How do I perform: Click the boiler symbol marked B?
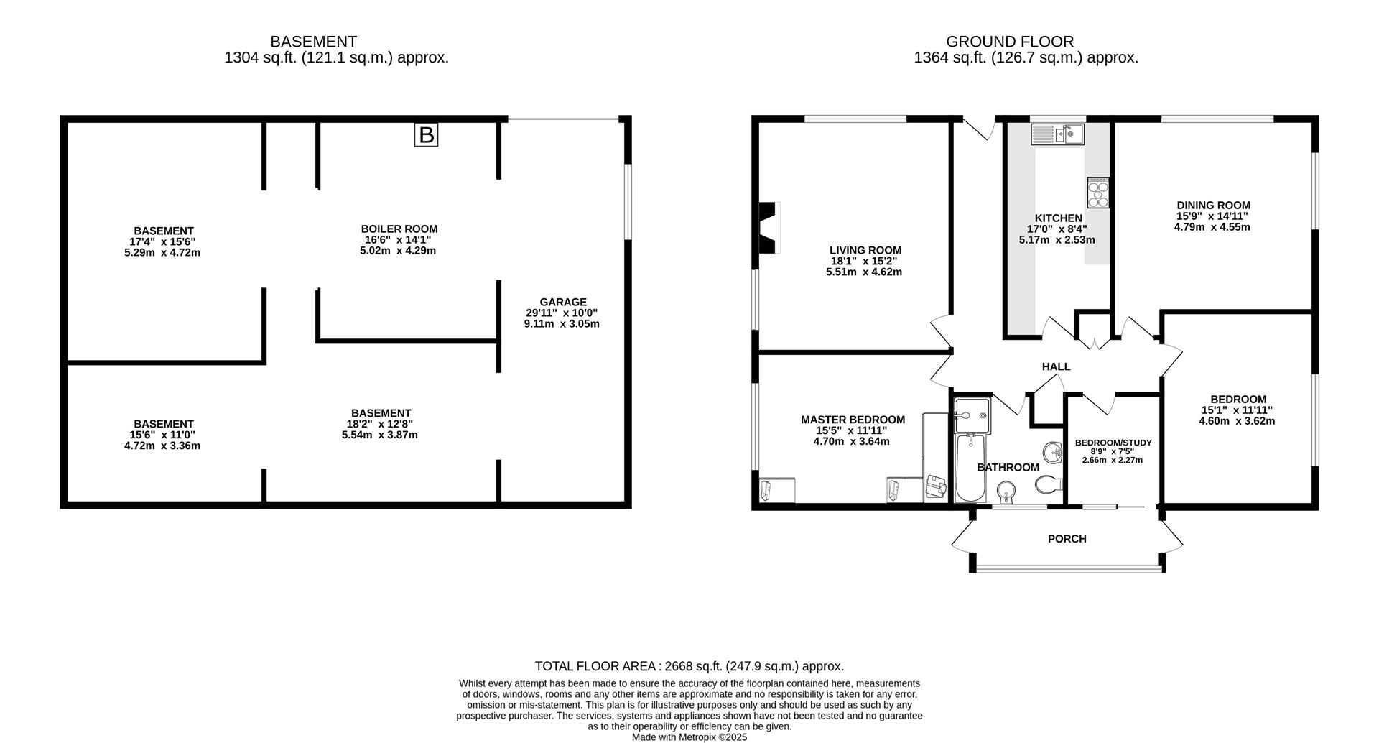[426, 134]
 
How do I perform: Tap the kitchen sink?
[1057, 134]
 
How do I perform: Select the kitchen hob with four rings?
[1098, 193]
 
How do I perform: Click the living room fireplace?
[769, 228]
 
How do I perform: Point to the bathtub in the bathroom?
[972, 466]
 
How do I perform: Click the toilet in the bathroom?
[1049, 485]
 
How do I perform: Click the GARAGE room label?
[563, 302]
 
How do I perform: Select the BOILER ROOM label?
[399, 229]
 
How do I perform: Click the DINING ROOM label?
[1213, 205]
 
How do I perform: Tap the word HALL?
[1056, 366]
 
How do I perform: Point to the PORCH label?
[1067, 538]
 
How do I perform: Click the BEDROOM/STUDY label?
[1113, 443]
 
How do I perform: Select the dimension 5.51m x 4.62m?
[864, 272]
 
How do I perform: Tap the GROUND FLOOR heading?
[1009, 42]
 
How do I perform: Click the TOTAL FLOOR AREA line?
[689, 666]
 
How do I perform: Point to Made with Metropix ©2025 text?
[689, 737]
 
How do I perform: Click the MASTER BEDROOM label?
[853, 420]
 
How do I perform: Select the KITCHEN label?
[1058, 218]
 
